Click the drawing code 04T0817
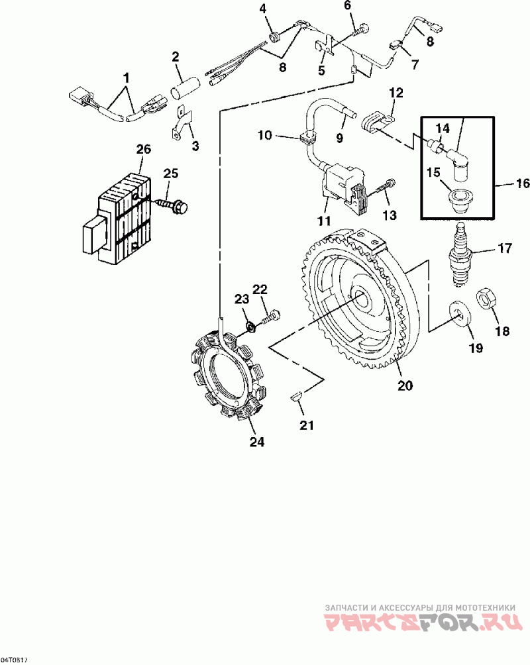point(14,660)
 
